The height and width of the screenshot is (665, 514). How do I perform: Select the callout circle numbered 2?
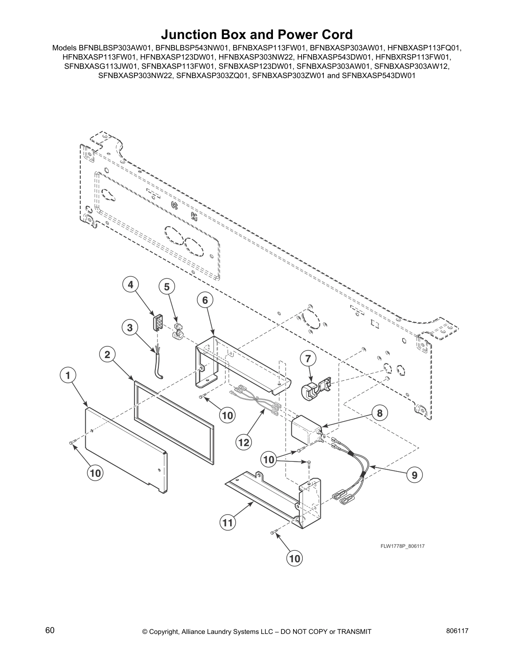(x=108, y=355)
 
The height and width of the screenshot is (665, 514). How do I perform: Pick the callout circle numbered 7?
(x=308, y=359)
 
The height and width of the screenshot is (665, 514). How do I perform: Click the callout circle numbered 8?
(x=380, y=413)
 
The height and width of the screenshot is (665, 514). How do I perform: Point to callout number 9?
(x=414, y=475)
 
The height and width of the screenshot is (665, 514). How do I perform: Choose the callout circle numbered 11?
(x=228, y=523)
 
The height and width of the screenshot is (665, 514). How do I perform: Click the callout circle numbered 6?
(x=205, y=300)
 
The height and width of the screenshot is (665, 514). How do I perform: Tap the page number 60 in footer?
(x=50, y=630)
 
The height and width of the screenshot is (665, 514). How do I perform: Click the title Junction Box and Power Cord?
(x=257, y=34)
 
